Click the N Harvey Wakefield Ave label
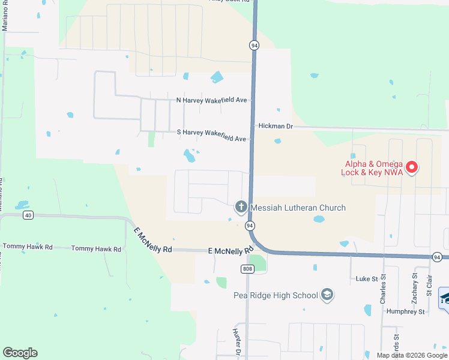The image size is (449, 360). pos(212,100)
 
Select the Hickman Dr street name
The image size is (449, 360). pos(276,127)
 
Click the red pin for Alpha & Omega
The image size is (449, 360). pos(412,167)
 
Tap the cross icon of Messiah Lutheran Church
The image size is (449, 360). pos(241,208)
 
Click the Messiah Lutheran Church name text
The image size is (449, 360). pos(298,208)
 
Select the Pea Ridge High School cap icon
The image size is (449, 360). pos(327,295)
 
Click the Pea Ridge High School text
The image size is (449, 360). pos(276,295)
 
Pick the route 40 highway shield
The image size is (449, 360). pos(27,215)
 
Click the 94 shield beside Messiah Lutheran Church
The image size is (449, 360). pos(250,226)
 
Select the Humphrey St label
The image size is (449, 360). pos(405,312)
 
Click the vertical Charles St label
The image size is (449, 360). pos(383,289)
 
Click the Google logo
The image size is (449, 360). pos(20,353)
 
